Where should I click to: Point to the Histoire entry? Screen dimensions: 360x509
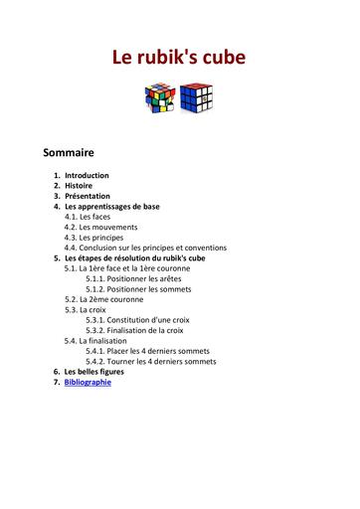coord(79,186)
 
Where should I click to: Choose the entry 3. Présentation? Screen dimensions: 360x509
coord(88,196)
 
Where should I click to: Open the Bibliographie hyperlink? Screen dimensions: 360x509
coord(88,382)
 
